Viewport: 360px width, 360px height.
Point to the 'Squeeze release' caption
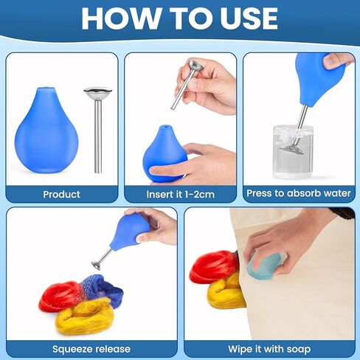click(x=91, y=348)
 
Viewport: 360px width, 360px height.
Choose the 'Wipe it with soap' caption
click(x=269, y=348)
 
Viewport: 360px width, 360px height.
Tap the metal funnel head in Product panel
click(x=97, y=94)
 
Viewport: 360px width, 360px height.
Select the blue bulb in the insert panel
click(x=163, y=151)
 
